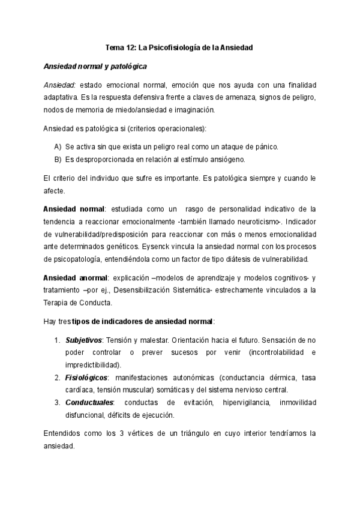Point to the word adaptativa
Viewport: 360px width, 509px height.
62,97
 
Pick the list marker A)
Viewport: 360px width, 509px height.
58,147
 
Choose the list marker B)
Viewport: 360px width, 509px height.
58,159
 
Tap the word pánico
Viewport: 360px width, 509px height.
265,147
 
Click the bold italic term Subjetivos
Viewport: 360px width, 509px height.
83,340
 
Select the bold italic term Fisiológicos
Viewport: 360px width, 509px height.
86,378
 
